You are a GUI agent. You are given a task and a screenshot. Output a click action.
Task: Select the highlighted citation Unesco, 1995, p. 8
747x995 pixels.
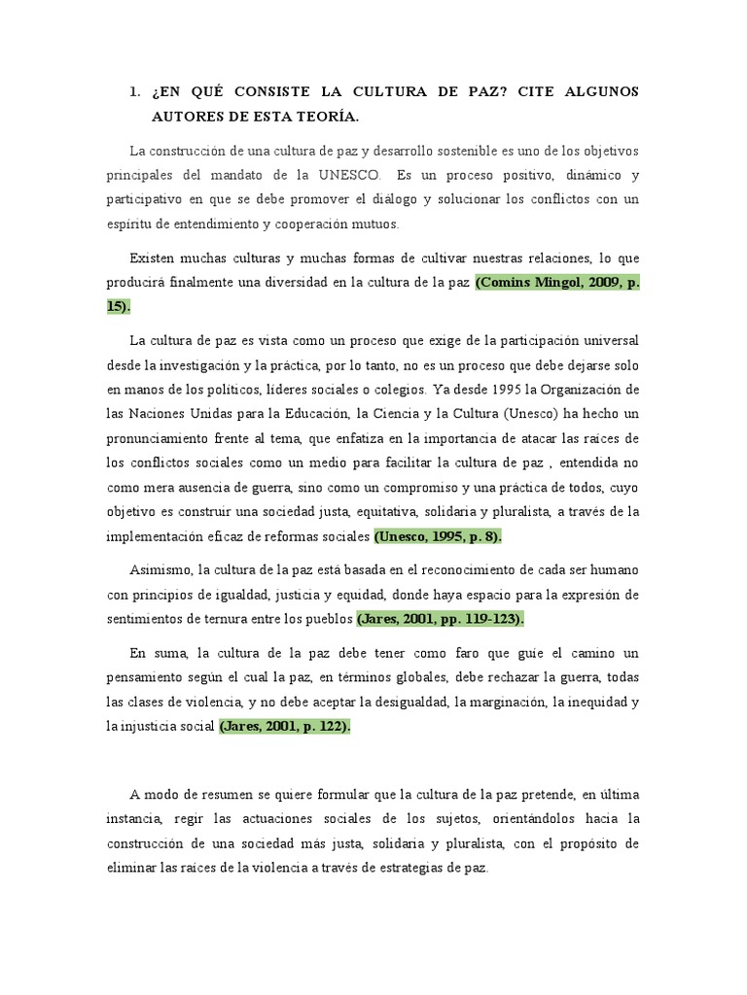[x=438, y=535]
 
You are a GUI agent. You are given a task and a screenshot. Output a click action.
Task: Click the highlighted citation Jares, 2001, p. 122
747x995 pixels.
[x=283, y=725]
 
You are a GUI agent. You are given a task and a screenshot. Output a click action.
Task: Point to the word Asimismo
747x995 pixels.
[x=161, y=568]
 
